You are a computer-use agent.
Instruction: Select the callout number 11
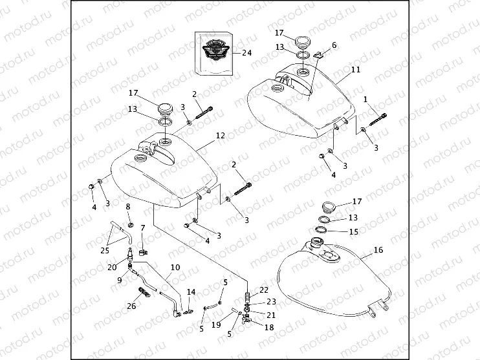pos(356,69)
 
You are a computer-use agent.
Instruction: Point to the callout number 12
pos(220,136)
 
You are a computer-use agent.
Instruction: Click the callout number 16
pos(378,249)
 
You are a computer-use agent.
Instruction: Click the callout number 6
pos(334,45)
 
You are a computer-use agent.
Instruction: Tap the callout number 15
pos(353,231)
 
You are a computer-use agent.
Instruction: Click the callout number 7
pos(142,228)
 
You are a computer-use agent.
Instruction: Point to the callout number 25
pos(104,250)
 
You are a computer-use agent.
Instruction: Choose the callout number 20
pos(111,268)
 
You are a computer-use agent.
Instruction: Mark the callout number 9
pos(119,280)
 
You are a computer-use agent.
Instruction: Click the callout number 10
pos(175,267)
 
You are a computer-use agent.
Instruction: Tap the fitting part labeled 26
pos(142,291)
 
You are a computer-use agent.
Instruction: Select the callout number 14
pos(191,292)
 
